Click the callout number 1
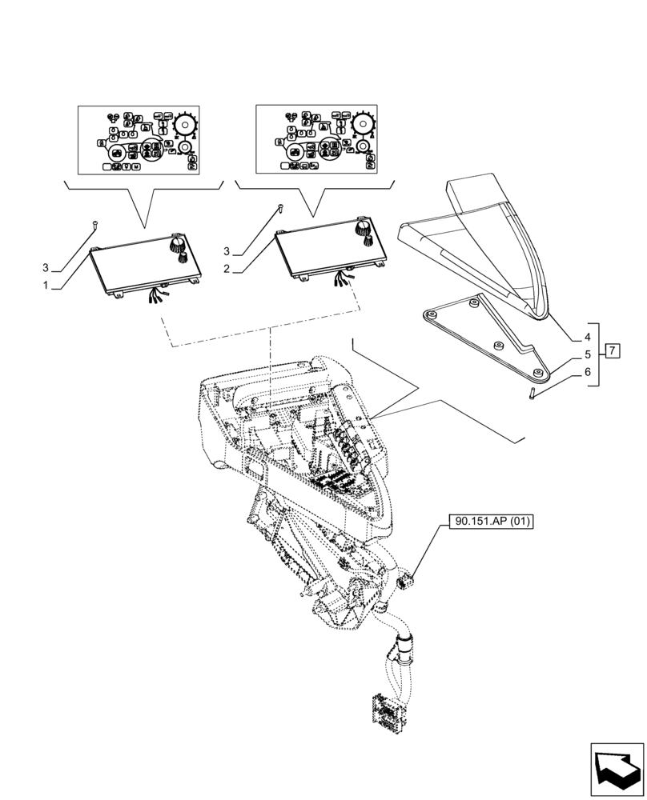click(x=46, y=284)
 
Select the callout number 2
click(x=227, y=269)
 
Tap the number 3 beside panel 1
click(x=46, y=266)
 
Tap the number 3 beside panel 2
click(x=227, y=250)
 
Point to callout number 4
click(x=587, y=337)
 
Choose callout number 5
click(x=587, y=354)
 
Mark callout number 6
click(x=587, y=372)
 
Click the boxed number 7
click(x=612, y=350)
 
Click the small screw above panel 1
click(x=94, y=226)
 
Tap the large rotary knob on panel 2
click(x=361, y=226)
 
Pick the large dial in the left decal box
click(x=186, y=125)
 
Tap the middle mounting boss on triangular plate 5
click(x=496, y=345)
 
